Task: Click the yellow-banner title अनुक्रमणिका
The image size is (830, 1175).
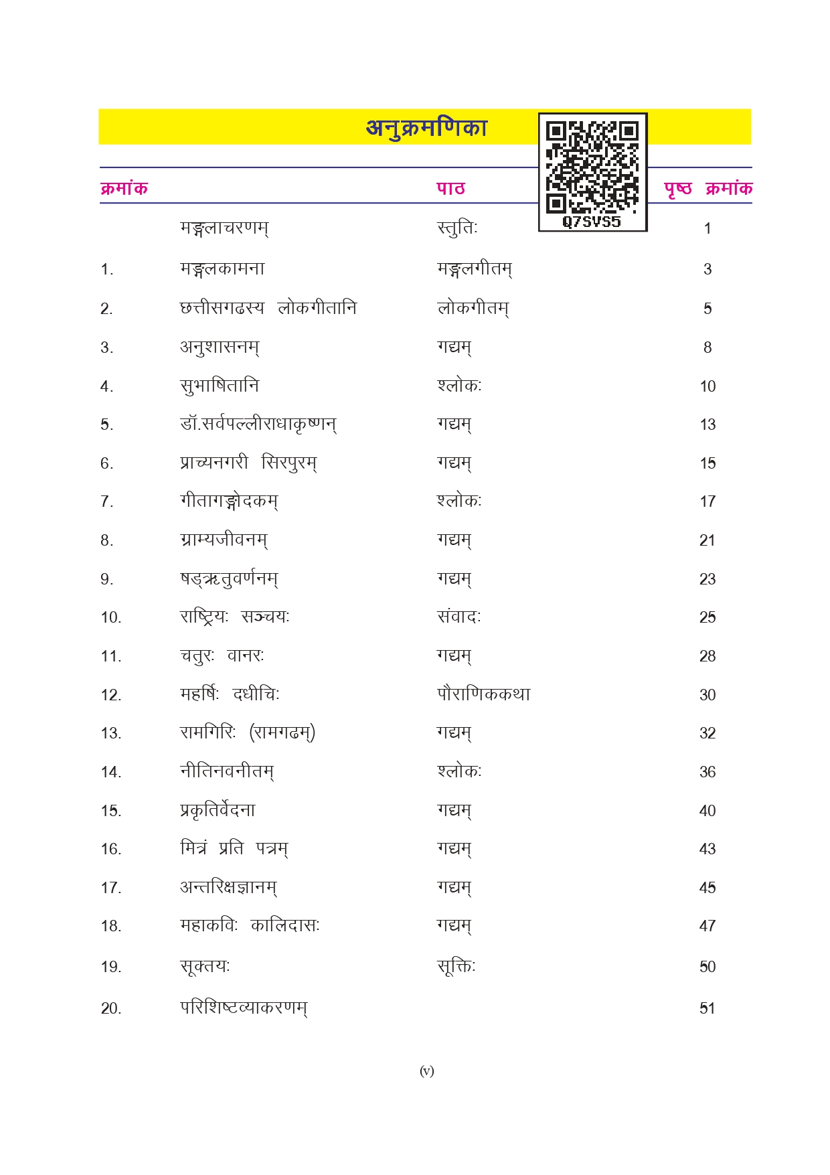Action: click(x=426, y=127)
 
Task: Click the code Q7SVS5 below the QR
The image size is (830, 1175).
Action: click(x=592, y=222)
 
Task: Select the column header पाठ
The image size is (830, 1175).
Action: click(x=450, y=188)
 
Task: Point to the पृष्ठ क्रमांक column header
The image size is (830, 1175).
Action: click(x=708, y=188)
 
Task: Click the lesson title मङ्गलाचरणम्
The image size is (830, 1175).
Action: click(x=224, y=228)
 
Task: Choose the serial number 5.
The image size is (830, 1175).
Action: click(x=106, y=425)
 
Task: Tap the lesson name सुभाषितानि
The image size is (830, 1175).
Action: click(x=220, y=386)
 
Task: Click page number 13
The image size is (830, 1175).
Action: click(x=708, y=424)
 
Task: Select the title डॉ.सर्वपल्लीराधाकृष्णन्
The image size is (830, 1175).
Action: click(x=258, y=424)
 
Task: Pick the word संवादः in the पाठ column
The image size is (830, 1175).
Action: click(x=459, y=617)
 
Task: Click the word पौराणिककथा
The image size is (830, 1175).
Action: click(x=484, y=694)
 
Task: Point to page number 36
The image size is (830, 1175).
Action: click(x=708, y=772)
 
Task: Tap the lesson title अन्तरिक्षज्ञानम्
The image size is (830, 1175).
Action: click(x=228, y=888)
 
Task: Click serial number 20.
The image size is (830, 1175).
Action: click(x=111, y=1008)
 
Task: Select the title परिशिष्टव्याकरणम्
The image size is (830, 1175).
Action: click(x=244, y=1008)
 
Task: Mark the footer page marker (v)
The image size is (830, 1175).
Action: click(x=426, y=1071)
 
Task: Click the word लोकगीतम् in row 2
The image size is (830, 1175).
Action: click(x=473, y=309)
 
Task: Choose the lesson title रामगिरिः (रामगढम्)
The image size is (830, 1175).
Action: click(x=248, y=733)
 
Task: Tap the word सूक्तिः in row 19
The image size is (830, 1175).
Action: click(x=456, y=967)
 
